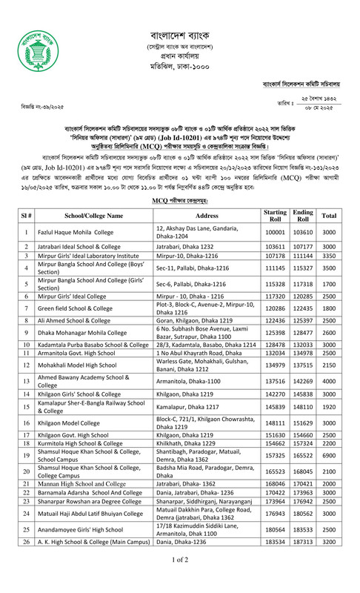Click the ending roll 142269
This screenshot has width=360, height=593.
point(303,381)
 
